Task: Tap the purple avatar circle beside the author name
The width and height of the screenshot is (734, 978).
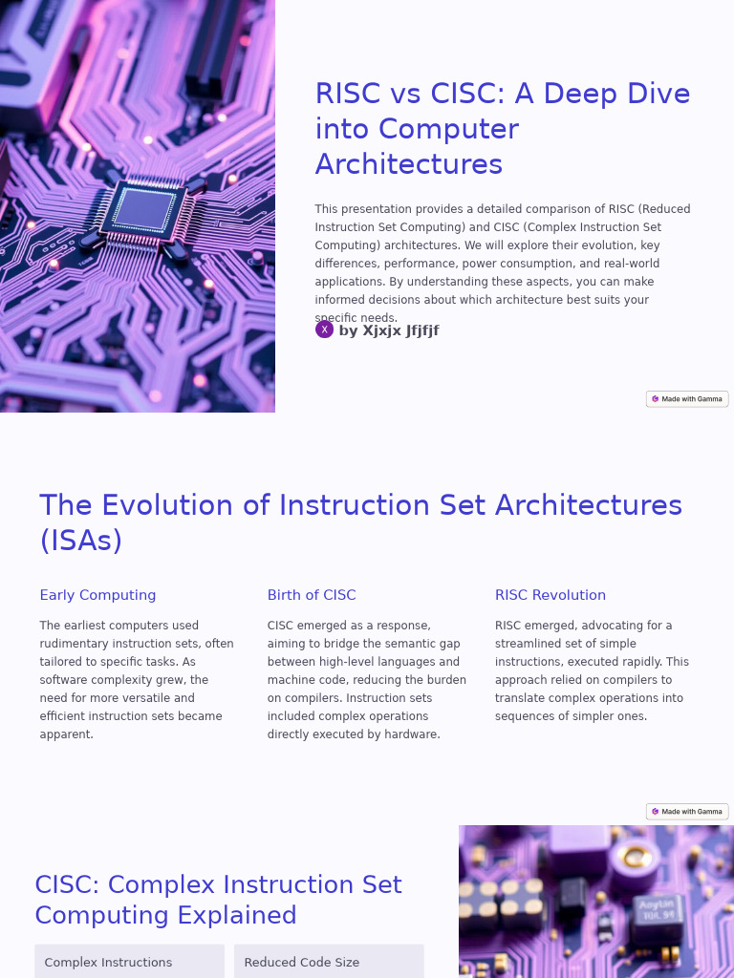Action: point(324,330)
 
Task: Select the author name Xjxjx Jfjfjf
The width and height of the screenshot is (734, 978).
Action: point(389,330)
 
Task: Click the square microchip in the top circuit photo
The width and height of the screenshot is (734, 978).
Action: point(144,207)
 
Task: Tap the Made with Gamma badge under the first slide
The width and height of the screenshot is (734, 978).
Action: point(687,399)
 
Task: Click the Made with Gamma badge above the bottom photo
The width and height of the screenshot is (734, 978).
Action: point(687,812)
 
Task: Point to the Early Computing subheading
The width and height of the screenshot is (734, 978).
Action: point(97,595)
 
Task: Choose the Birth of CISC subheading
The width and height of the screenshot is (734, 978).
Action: point(312,595)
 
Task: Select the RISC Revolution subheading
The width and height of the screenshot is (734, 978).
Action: point(550,595)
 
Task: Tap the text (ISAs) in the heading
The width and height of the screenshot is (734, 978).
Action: point(81,541)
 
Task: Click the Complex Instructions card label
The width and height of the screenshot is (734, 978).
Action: point(108,963)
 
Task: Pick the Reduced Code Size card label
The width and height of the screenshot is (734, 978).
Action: point(302,963)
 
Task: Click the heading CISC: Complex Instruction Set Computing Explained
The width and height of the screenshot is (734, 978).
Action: point(218,900)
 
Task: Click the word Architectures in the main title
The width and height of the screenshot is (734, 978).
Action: point(409,164)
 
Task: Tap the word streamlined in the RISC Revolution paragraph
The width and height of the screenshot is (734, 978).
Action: point(537,644)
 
